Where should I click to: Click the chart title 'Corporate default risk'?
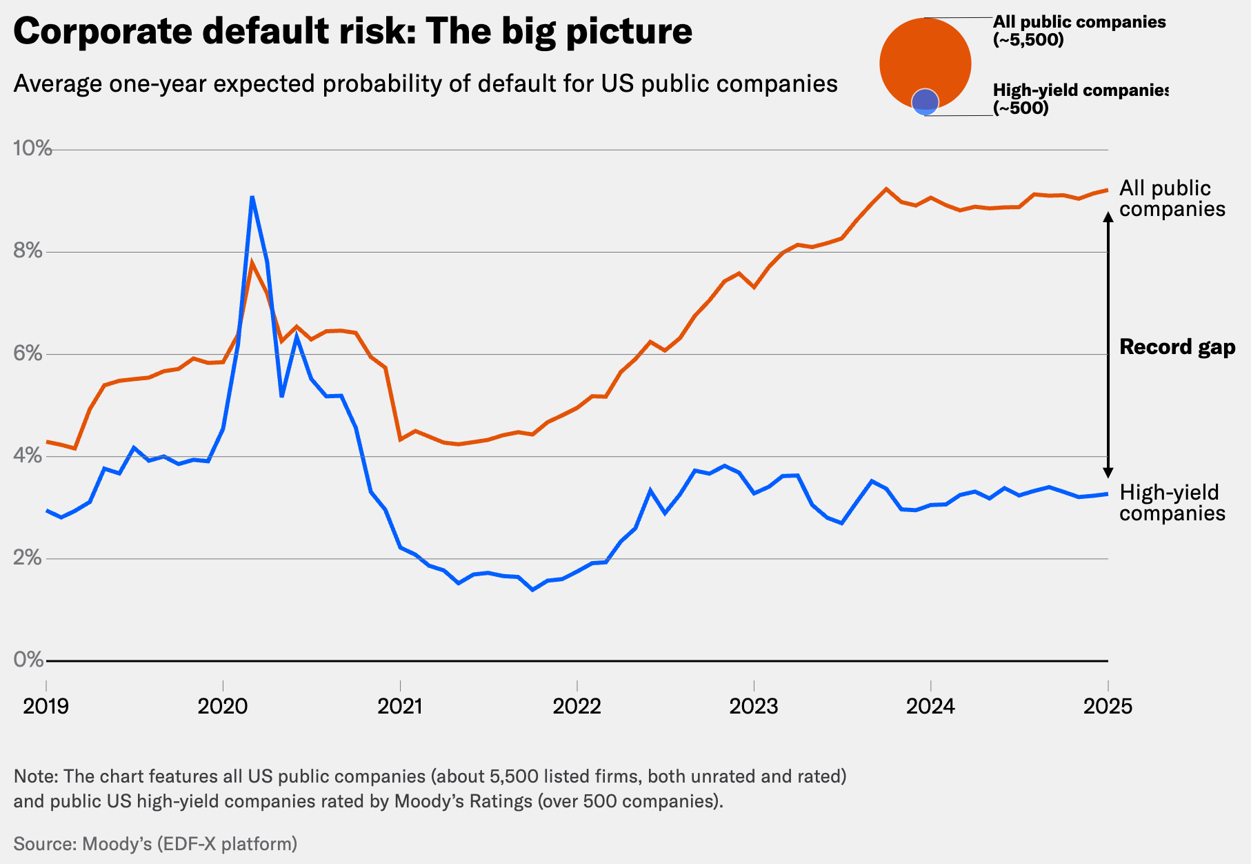coord(352,32)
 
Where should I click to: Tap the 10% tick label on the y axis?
coord(32,148)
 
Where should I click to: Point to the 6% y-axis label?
coord(28,353)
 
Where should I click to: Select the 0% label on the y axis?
coord(28,660)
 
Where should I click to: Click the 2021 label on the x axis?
coord(400,706)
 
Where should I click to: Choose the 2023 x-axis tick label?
coord(754,706)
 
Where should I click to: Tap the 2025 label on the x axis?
coord(1108,706)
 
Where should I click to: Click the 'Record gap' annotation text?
coord(1177,346)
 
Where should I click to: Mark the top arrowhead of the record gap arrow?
coord(1108,216)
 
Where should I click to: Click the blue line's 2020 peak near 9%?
coord(252,197)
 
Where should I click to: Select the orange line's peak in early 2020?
coord(252,262)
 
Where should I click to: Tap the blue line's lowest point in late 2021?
coord(532,590)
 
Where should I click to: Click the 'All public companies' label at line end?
coord(1172,198)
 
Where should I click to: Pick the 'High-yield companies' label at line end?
coord(1172,502)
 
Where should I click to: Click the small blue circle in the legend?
coord(925,102)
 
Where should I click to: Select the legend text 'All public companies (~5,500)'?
coord(1079,31)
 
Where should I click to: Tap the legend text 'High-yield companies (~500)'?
coord(1079,99)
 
